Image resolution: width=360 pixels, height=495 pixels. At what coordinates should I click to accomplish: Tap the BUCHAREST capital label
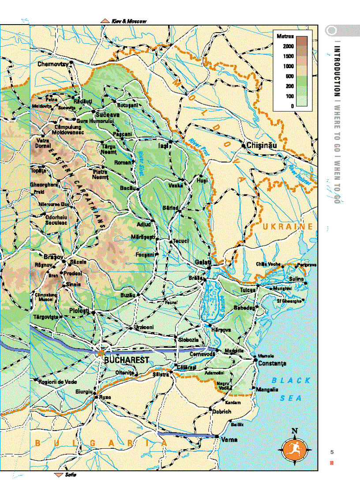126,360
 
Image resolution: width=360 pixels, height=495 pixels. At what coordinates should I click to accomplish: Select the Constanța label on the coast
272,364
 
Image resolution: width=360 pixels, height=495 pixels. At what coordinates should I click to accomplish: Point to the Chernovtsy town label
52,64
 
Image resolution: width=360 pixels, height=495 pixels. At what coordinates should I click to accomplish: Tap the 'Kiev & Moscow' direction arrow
105,21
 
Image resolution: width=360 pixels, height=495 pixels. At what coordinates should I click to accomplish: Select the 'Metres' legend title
285,35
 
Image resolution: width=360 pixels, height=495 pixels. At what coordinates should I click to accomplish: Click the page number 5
332,452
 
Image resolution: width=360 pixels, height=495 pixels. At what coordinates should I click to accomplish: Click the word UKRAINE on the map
287,227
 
